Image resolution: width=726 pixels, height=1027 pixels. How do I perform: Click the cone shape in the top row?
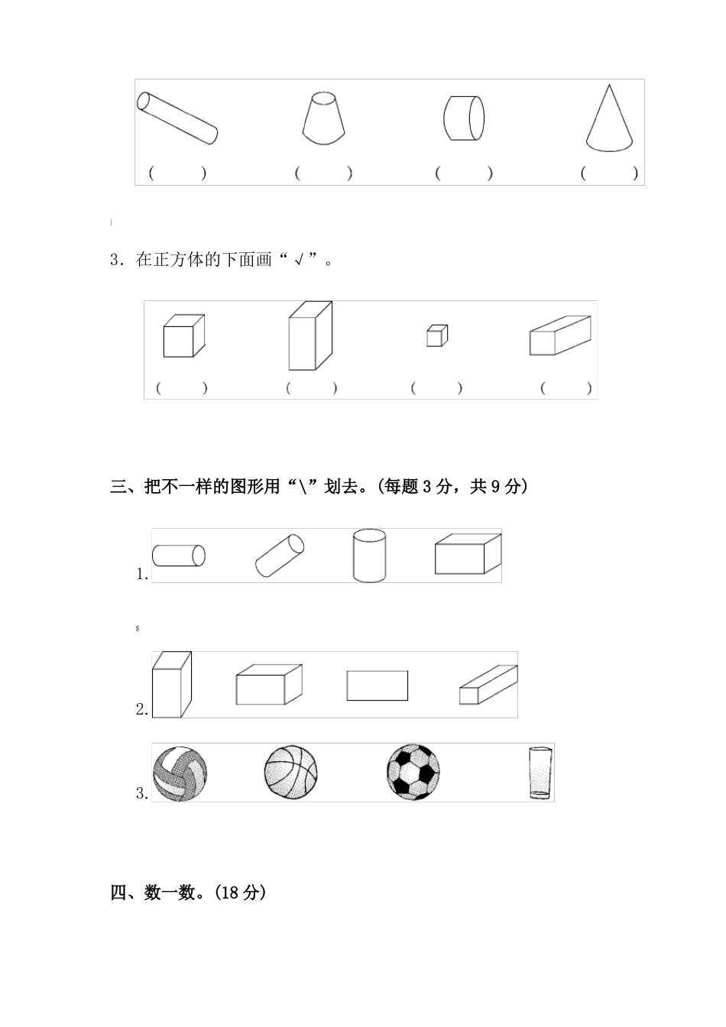coord(609,121)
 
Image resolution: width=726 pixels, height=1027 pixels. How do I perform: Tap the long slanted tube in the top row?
coord(178,118)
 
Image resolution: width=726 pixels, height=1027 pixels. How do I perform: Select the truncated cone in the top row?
coord(325,118)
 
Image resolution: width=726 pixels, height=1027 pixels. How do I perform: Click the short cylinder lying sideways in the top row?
coord(464,118)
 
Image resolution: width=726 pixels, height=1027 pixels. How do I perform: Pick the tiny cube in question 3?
coord(437,335)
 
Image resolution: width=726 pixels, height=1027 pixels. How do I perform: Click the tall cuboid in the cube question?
coord(310,335)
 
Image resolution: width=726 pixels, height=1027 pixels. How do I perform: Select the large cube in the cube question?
coord(183,336)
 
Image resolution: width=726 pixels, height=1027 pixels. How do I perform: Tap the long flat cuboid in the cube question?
coord(560,335)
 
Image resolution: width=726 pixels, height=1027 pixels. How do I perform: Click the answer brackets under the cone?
coord(609,173)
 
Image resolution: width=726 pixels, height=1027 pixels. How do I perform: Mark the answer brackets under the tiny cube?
coord(436,388)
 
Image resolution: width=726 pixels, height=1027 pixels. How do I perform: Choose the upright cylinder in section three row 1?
coord(369,556)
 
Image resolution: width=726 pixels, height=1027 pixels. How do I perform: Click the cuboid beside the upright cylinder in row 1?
coord(467,555)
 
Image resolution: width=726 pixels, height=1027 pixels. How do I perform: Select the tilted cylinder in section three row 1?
coord(279,556)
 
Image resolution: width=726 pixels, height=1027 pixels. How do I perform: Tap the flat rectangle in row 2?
coord(377,685)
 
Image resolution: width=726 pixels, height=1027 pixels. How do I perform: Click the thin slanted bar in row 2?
coord(488,685)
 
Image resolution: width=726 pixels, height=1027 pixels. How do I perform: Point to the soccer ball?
coord(413,772)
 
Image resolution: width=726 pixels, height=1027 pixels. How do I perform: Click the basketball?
coord(290,773)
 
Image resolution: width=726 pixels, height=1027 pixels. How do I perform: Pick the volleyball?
coord(180,773)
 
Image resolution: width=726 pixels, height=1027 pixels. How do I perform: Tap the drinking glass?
coord(540,773)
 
